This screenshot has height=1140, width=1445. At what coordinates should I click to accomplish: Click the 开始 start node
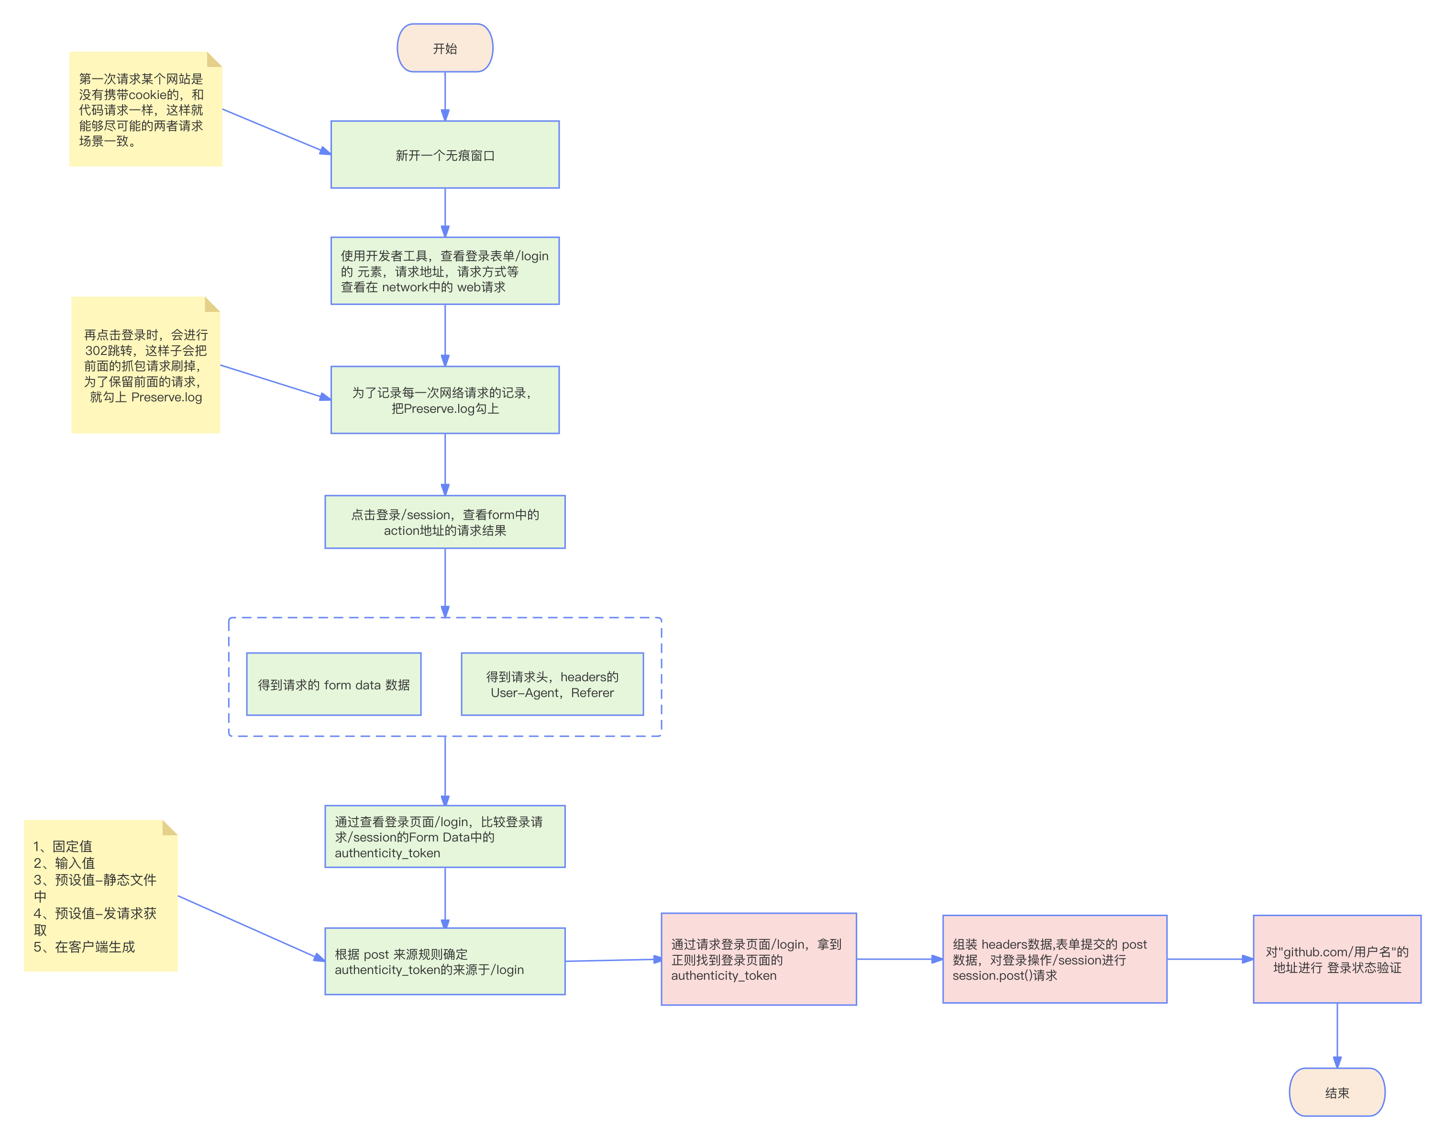[x=444, y=48]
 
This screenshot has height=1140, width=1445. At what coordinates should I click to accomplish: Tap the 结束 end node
[x=1336, y=1093]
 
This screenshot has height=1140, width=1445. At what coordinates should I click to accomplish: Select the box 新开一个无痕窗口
[x=444, y=155]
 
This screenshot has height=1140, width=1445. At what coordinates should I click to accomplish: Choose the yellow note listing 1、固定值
[x=100, y=896]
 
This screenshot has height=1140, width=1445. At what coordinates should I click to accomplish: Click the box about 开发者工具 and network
[x=444, y=271]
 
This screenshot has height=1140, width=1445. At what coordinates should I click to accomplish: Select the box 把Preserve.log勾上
[x=444, y=400]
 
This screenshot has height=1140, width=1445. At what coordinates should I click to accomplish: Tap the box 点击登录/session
[x=444, y=522]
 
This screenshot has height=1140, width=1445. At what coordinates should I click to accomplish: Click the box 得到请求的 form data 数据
[x=334, y=684]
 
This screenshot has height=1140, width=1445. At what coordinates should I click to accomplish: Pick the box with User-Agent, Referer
[x=552, y=684]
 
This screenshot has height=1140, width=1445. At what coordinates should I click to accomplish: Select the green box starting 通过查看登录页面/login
[x=444, y=836]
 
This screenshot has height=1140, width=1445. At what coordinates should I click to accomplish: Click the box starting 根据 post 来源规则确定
[x=444, y=961]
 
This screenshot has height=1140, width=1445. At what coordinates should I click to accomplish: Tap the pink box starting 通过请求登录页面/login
[x=758, y=959]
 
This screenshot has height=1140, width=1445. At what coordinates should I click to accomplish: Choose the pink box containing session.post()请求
[x=1055, y=959]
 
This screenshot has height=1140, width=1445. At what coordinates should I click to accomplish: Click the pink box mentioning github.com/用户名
[x=1337, y=959]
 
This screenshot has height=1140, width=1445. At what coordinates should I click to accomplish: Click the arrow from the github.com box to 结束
[x=1337, y=1035]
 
